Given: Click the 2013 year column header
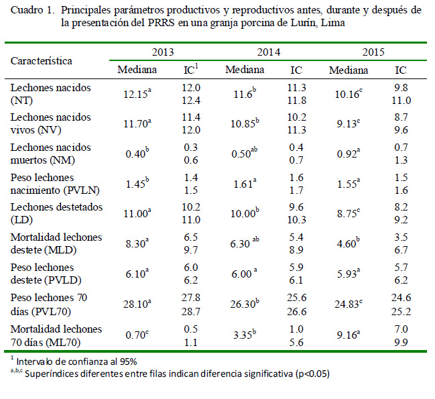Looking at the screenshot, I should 164,52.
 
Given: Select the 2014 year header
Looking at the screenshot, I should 268,52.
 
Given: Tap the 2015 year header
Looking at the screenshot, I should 373,52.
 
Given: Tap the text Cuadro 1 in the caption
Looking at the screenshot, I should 32,11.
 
